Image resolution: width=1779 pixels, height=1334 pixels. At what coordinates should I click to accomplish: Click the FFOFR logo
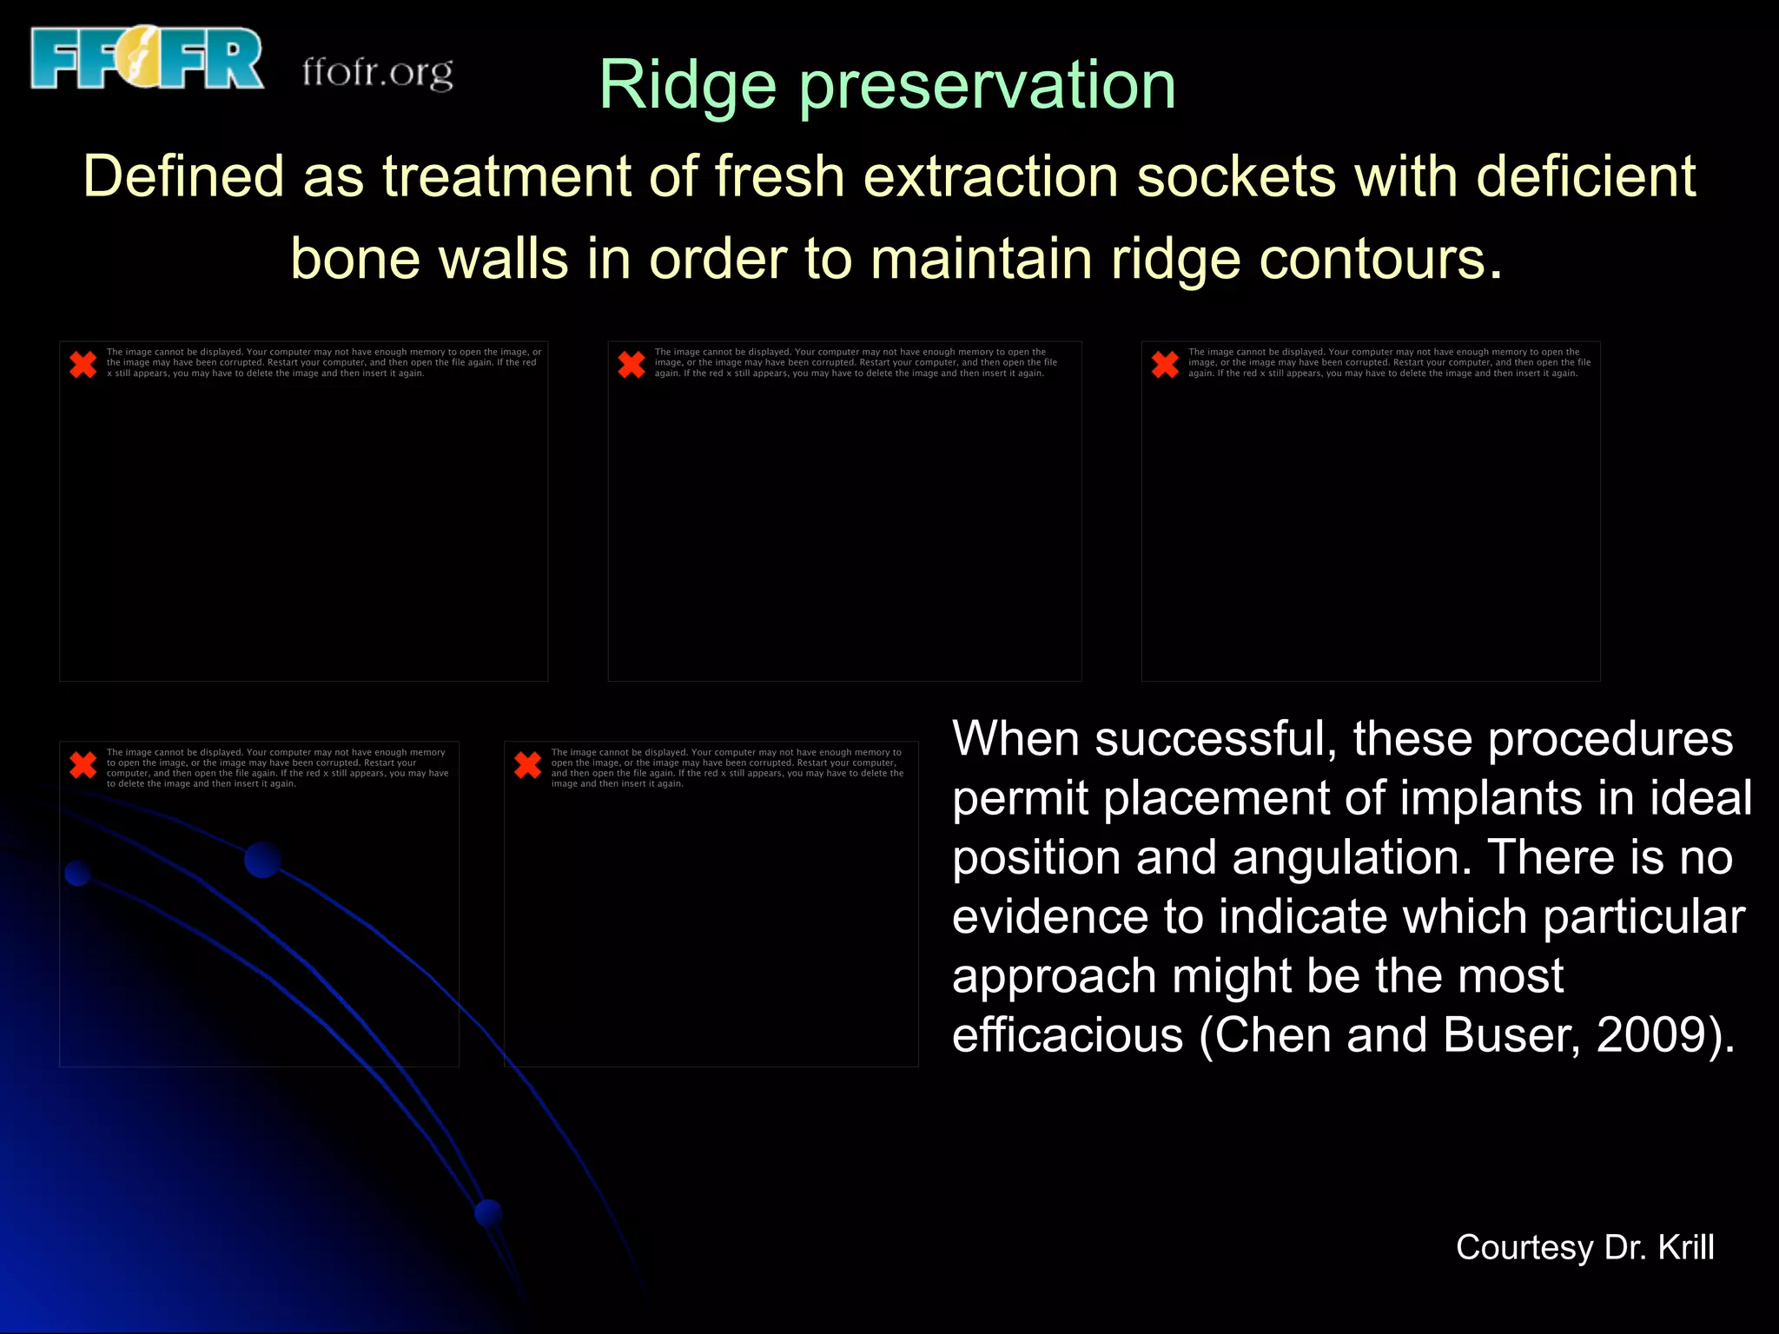[146, 58]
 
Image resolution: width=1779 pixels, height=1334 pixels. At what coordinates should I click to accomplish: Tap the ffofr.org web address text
[377, 72]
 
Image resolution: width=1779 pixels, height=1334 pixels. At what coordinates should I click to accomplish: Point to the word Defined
[183, 176]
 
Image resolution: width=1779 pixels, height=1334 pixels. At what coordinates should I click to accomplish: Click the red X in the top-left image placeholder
[83, 364]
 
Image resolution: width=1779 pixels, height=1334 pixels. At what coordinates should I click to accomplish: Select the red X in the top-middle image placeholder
[632, 364]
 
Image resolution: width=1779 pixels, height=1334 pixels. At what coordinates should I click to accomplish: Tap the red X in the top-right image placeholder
[1165, 364]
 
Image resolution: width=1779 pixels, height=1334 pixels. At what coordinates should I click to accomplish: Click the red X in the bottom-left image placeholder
[83, 764]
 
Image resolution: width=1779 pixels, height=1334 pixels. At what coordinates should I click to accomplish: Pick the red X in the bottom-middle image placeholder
[527, 764]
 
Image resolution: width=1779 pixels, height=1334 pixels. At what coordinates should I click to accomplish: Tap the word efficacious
[1067, 1035]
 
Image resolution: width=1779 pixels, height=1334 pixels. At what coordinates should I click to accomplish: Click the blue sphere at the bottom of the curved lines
[488, 1212]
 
